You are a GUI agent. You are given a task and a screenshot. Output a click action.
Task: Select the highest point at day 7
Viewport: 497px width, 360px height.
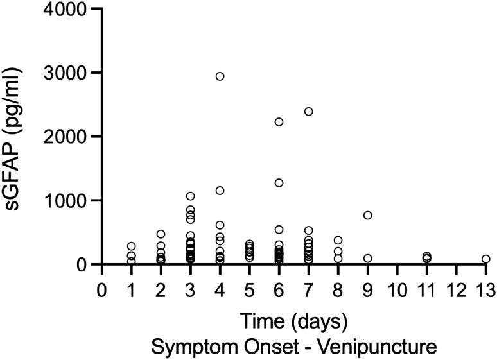[x=308, y=112]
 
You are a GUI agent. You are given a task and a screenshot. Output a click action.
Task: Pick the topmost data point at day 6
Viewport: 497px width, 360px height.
[x=279, y=122]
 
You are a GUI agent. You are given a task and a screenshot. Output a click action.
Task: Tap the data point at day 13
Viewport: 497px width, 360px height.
[x=485, y=259]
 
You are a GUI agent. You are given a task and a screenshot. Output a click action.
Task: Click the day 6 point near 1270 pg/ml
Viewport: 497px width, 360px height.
[x=279, y=183]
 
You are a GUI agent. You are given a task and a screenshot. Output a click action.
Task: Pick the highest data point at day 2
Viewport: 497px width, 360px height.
[x=161, y=234]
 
